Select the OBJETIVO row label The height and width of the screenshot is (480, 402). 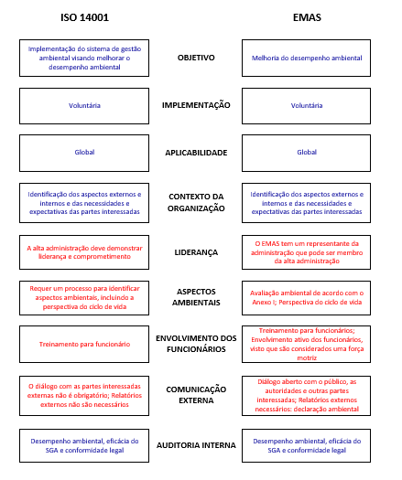pyautogui.click(x=196, y=58)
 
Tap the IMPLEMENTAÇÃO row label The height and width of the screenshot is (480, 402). pyautogui.click(x=196, y=105)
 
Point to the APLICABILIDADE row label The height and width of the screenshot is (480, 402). pyautogui.click(x=196, y=153)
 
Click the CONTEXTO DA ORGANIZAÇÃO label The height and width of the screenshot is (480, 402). pyautogui.click(x=196, y=202)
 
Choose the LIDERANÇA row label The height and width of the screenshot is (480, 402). pyautogui.click(x=196, y=251)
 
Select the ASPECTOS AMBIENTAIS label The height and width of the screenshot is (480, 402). pyautogui.click(x=196, y=297)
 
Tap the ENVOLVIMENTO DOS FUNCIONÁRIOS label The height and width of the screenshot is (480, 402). pyautogui.click(x=196, y=345)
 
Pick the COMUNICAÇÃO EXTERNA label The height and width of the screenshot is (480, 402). pyautogui.click(x=196, y=393)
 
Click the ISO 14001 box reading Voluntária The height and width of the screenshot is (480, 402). pyautogui.click(x=84, y=105)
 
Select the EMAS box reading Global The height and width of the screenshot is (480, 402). pyautogui.click(x=307, y=153)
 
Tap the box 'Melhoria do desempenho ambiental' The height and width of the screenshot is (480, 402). pyautogui.click(x=307, y=58)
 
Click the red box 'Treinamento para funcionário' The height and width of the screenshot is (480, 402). pyautogui.click(x=84, y=345)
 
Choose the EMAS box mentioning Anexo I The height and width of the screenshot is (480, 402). pyautogui.click(x=307, y=297)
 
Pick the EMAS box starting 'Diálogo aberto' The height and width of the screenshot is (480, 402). pyautogui.click(x=307, y=393)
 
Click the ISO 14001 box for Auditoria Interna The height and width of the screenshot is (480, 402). pyautogui.click(x=84, y=444)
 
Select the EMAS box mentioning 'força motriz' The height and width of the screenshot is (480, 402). pyautogui.click(x=307, y=345)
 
